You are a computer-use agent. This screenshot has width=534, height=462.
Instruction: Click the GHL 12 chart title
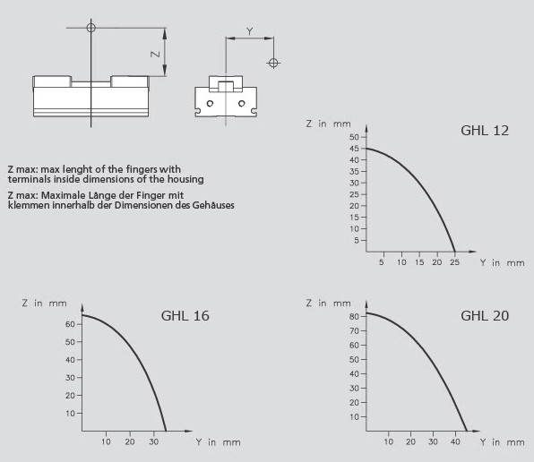click(485, 131)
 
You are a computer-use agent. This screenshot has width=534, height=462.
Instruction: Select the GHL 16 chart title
click(185, 316)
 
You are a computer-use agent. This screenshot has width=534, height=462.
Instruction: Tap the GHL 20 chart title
click(485, 316)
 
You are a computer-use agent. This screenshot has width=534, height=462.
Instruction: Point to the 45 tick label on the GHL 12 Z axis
click(354, 149)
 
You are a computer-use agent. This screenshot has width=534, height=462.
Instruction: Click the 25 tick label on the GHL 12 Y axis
click(454, 262)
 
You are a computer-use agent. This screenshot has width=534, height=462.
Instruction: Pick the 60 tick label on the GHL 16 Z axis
click(70, 324)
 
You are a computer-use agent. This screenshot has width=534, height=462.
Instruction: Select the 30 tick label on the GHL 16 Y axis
click(153, 441)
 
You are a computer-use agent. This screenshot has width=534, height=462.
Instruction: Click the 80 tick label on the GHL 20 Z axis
click(354, 316)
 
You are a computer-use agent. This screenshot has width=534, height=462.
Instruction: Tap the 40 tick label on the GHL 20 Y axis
click(455, 441)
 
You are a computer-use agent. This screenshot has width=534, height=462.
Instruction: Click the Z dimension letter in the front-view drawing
click(155, 54)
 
